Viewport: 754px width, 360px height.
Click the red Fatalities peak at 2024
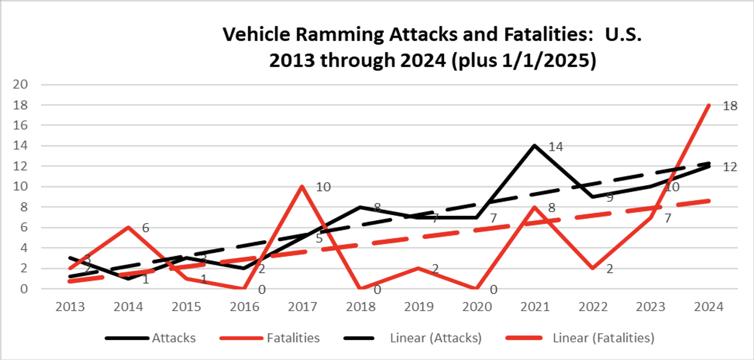click(x=709, y=105)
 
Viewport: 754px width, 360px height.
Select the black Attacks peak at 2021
click(x=534, y=146)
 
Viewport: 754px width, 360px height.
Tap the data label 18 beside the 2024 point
click(x=730, y=106)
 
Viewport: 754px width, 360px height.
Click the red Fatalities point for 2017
click(x=302, y=186)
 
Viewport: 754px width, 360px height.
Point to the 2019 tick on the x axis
click(x=418, y=307)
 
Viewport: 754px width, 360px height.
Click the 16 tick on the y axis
click(x=20, y=125)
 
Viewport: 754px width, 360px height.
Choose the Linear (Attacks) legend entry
click(x=435, y=338)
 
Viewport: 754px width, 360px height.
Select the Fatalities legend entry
click(x=293, y=338)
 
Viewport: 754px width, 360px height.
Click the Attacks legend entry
click(x=173, y=338)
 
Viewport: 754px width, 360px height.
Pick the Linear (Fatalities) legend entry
click(x=603, y=338)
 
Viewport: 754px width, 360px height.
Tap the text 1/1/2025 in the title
click(x=544, y=60)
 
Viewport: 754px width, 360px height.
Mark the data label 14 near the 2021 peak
click(x=556, y=147)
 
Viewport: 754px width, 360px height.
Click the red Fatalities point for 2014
click(x=128, y=227)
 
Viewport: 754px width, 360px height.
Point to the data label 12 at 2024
click(x=730, y=167)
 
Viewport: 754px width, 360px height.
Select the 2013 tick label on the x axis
click(x=70, y=307)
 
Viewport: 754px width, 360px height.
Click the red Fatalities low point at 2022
click(x=593, y=268)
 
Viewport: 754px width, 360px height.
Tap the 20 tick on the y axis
click(x=20, y=84)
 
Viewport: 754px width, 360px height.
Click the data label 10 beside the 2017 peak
click(x=323, y=187)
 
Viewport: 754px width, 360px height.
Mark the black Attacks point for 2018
click(x=360, y=207)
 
